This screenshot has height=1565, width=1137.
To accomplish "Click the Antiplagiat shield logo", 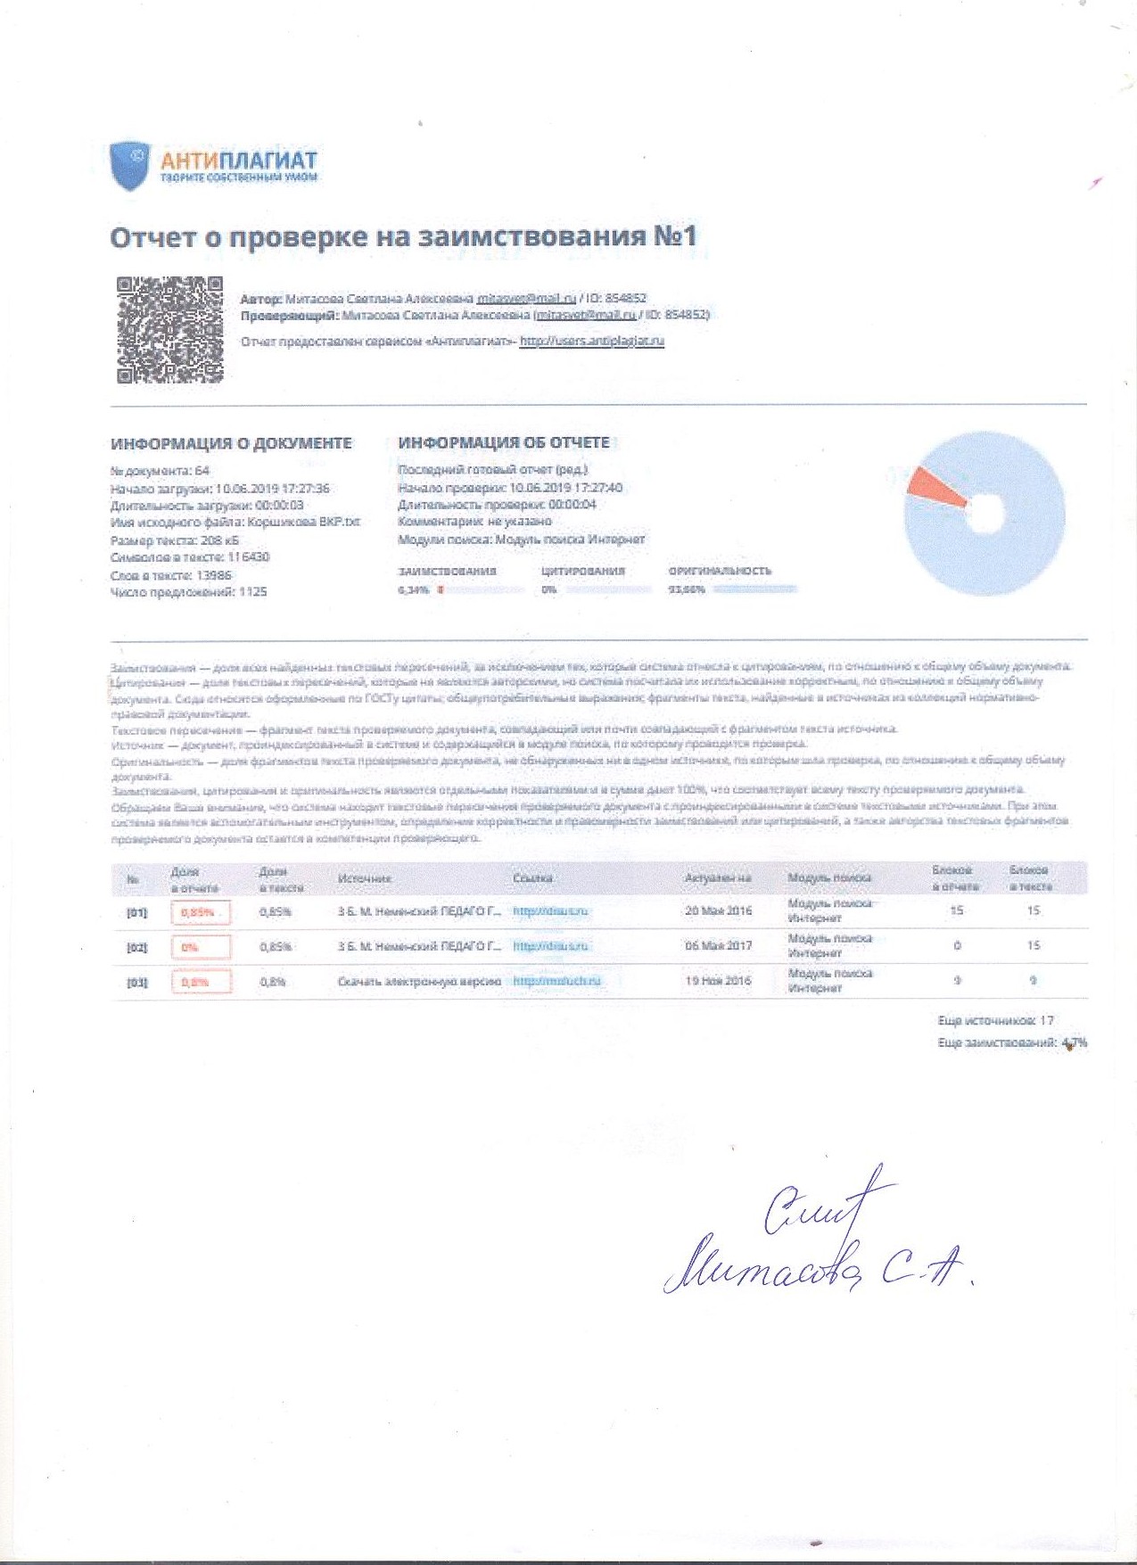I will [128, 165].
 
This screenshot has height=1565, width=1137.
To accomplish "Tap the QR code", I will [169, 330].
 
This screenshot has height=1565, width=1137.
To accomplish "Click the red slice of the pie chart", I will [936, 488].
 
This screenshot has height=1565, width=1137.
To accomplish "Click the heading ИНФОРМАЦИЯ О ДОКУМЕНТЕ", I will [231, 443].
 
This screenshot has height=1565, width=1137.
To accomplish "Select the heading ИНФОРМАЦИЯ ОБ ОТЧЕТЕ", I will [504, 442].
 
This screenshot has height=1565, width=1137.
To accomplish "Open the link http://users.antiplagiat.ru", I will [592, 341].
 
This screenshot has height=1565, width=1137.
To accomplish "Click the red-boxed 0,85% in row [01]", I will [201, 912].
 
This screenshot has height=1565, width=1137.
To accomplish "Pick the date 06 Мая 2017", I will [718, 945].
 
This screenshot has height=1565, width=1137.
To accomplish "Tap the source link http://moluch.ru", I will [557, 981].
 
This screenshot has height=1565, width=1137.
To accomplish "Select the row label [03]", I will [136, 983].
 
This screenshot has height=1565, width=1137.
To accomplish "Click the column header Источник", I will [364, 879].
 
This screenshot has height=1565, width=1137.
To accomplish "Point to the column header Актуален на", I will [718, 878].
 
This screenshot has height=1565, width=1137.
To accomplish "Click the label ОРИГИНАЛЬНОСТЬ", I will [720, 571].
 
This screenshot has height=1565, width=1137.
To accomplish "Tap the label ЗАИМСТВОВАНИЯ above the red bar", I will [447, 571].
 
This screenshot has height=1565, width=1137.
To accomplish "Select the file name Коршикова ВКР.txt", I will [304, 523].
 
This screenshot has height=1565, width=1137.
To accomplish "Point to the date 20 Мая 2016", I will [718, 910].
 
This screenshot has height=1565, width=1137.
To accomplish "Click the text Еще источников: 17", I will [995, 1020].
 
